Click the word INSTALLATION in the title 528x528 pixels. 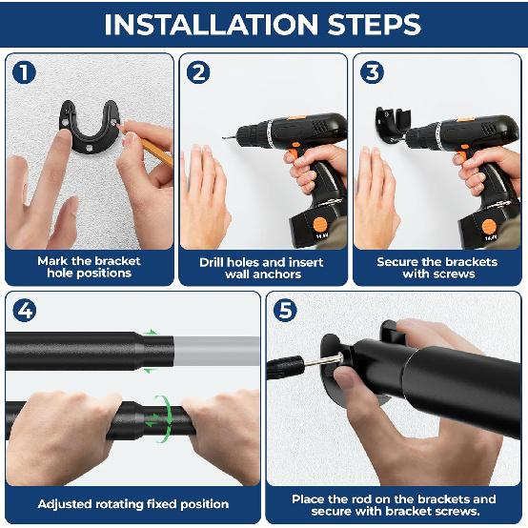(x=212, y=25)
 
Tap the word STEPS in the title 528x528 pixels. (x=375, y=25)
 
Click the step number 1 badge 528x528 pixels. (x=24, y=72)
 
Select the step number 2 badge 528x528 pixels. (x=198, y=72)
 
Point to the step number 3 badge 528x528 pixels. (x=372, y=72)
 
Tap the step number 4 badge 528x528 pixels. (x=24, y=311)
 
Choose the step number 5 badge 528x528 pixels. (x=285, y=310)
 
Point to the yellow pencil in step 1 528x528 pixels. (x=155, y=151)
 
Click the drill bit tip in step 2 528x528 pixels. (x=223, y=137)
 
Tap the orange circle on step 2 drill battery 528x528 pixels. (x=319, y=224)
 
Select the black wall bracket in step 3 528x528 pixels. (x=393, y=125)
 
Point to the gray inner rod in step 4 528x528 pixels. (x=216, y=351)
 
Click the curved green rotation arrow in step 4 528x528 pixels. (x=165, y=418)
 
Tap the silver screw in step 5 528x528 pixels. (x=324, y=360)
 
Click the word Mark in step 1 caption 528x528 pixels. (x=50, y=261)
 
